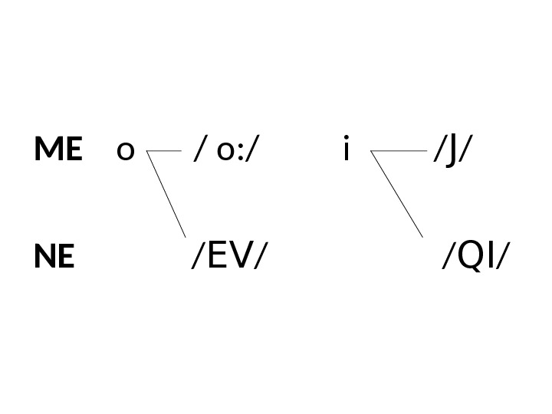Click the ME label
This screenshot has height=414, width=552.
tap(58, 150)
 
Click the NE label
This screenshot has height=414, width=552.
tap(54, 258)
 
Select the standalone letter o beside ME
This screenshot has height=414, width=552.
tap(125, 152)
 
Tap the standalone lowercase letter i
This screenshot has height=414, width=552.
tap(347, 149)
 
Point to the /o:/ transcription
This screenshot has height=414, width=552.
tap(228, 151)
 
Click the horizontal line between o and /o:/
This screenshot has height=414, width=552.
tap(163, 151)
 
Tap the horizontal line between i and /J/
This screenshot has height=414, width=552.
tap(399, 151)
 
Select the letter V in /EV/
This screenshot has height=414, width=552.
tap(242, 258)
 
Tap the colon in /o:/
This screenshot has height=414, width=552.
tap(242, 153)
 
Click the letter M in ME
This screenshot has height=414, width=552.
tap(48, 150)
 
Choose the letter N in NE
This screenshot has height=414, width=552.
tap(45, 258)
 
